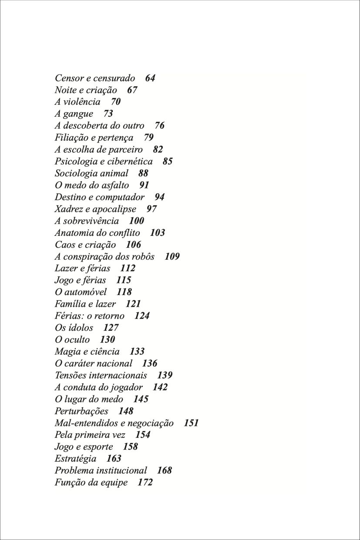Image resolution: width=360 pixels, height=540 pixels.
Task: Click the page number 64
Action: pyautogui.click(x=150, y=78)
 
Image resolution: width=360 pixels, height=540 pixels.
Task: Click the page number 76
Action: pyautogui.click(x=159, y=126)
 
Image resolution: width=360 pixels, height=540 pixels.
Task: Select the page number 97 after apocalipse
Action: pyautogui.click(x=151, y=209)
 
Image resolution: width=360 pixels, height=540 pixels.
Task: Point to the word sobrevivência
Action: pyautogui.click(x=91, y=221)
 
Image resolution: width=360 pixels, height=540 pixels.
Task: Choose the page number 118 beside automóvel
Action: pyautogui.click(x=124, y=292)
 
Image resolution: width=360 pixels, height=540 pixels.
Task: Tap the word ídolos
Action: pyautogui.click(x=81, y=328)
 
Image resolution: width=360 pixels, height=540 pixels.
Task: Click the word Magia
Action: pyautogui.click(x=66, y=352)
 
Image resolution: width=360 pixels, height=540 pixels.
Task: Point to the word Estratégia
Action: pyautogui.click(x=76, y=459)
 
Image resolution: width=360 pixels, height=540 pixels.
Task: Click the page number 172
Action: pyautogui.click(x=145, y=482)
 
